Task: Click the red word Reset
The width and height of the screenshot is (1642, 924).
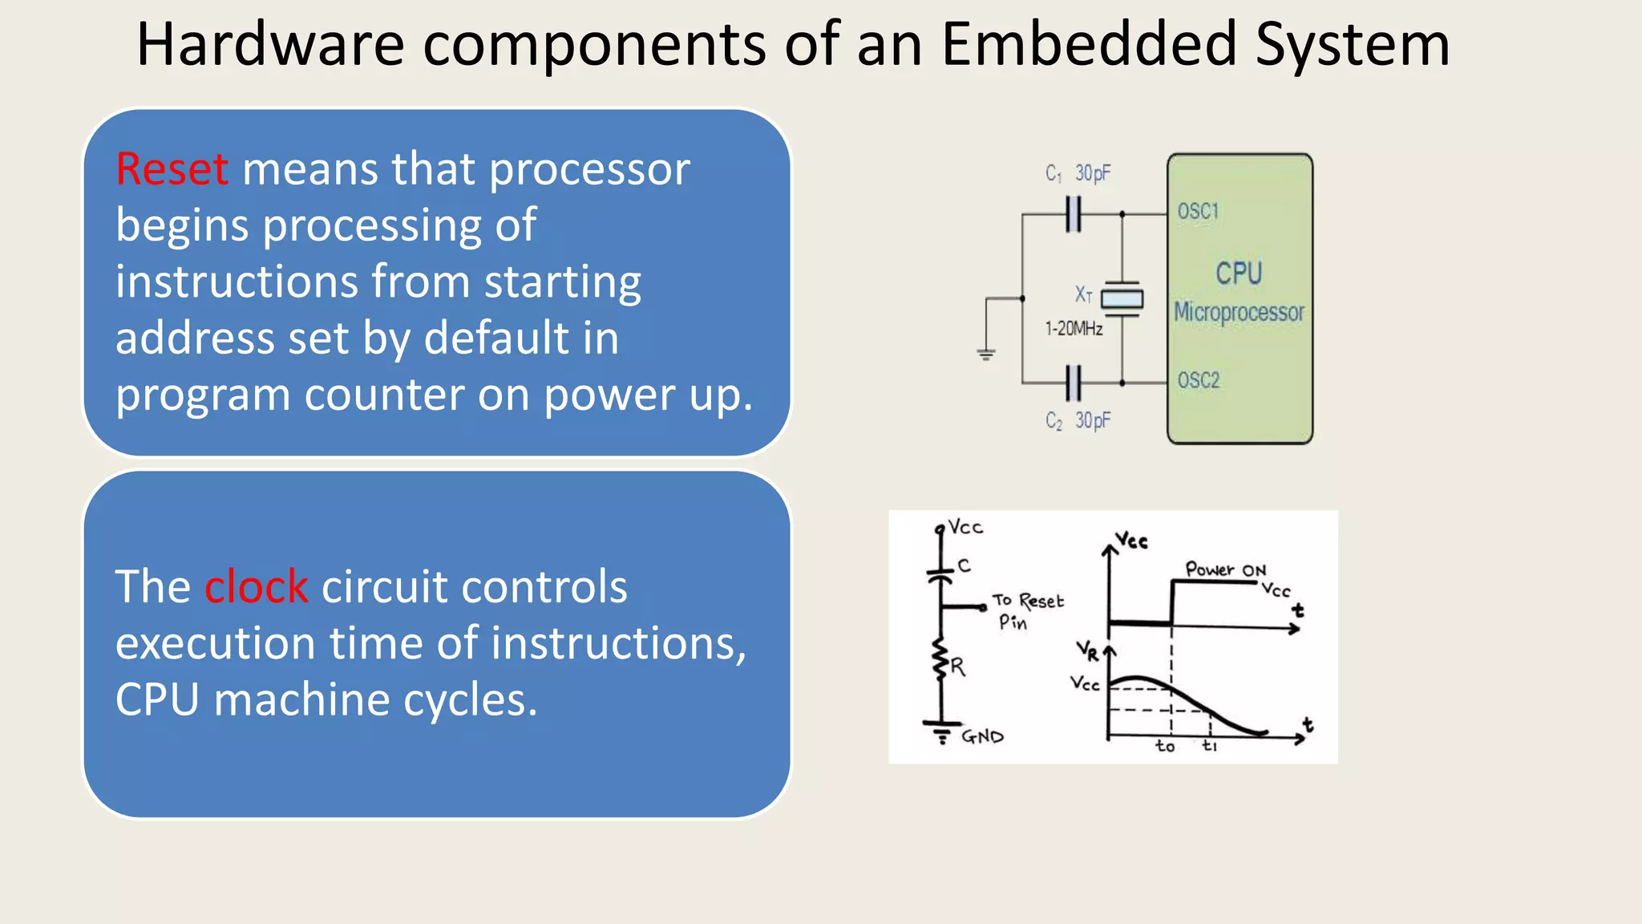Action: (x=172, y=169)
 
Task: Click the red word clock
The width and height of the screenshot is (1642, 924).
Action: (x=256, y=586)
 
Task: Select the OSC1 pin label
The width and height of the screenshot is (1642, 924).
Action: (x=1198, y=212)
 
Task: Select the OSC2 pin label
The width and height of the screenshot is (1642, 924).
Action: (x=1198, y=380)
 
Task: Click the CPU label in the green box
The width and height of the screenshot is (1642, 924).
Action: (x=1239, y=274)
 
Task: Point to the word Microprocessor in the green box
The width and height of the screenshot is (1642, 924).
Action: (x=1239, y=312)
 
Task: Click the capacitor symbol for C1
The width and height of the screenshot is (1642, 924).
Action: (x=1074, y=214)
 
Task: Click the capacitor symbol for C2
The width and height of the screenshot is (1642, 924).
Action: (x=1074, y=383)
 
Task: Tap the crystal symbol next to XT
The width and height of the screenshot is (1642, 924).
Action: (x=1122, y=299)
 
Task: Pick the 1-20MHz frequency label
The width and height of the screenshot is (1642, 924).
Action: (x=1074, y=329)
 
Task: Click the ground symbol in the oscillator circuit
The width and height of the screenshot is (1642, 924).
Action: (x=986, y=354)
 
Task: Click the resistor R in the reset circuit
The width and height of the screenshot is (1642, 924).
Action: (x=942, y=663)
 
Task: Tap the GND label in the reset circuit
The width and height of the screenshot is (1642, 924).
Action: (x=982, y=736)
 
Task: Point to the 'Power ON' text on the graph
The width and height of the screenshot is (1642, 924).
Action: (x=1225, y=569)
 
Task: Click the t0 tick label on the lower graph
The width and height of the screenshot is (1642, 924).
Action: (x=1165, y=747)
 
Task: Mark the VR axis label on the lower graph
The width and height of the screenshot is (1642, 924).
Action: (x=1086, y=650)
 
